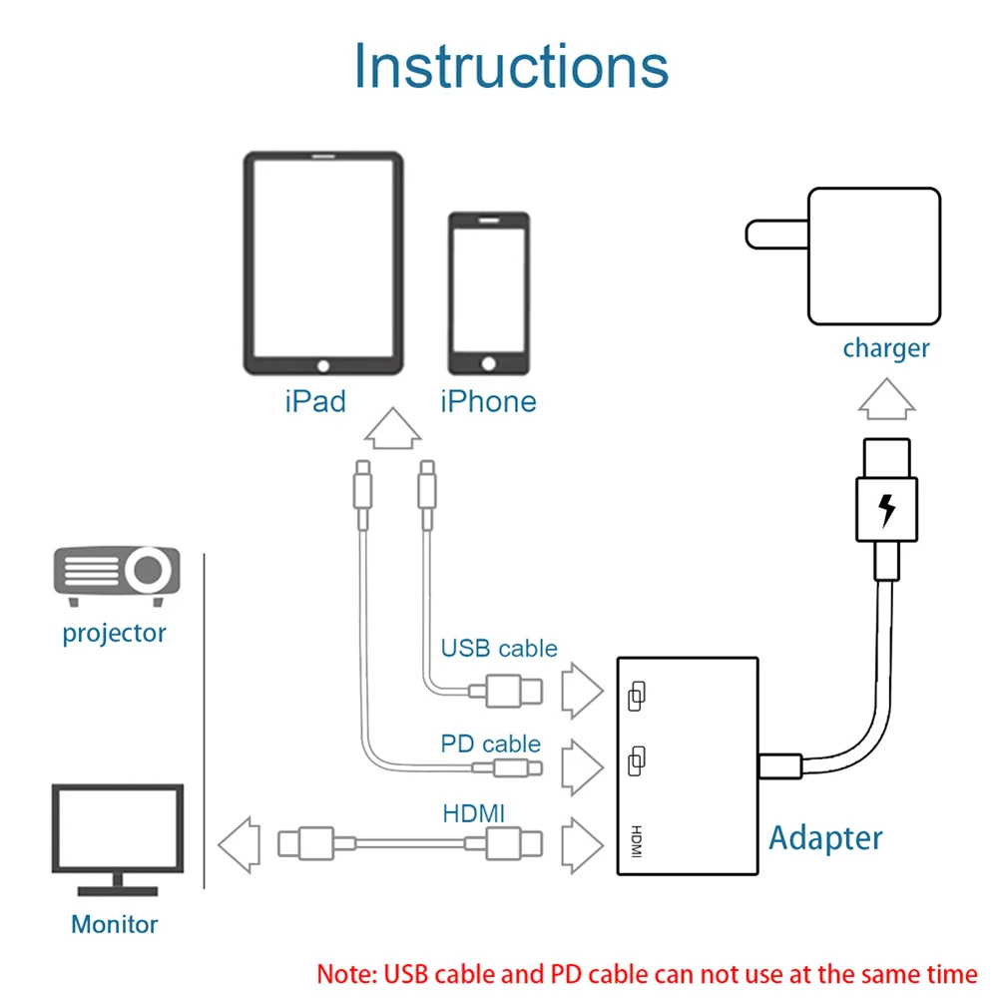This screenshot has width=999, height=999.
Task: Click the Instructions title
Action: tap(511, 66)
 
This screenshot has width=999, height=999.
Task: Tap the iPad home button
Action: tap(322, 365)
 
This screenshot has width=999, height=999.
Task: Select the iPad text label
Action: tap(315, 401)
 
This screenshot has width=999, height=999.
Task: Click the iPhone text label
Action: tap(488, 401)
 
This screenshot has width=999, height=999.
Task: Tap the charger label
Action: tap(885, 348)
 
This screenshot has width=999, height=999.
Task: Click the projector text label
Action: tap(114, 633)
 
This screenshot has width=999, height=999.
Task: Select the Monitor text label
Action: tap(114, 924)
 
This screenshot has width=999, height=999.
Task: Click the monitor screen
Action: tap(118, 827)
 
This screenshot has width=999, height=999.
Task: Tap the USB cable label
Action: tap(499, 649)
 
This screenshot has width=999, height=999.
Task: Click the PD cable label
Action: tap(490, 745)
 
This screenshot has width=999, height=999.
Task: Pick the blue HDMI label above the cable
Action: tap(474, 814)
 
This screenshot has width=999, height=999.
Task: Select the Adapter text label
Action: tap(825, 838)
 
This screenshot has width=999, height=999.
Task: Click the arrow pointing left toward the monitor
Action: tap(239, 843)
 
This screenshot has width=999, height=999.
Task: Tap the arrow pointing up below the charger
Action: tap(886, 399)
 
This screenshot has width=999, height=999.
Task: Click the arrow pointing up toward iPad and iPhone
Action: tap(391, 431)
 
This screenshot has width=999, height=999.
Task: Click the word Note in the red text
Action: tap(345, 974)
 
